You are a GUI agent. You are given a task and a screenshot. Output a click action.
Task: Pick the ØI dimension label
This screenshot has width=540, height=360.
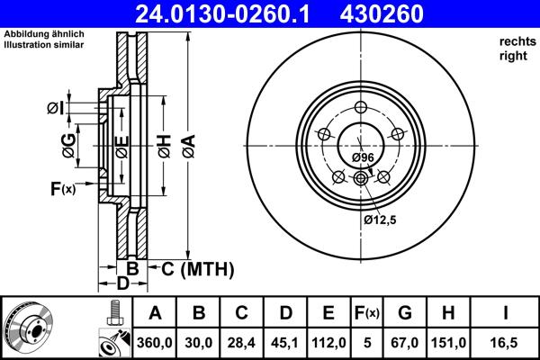click(x=54, y=109)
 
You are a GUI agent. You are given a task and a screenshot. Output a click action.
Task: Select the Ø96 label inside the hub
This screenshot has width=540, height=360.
click(x=363, y=157)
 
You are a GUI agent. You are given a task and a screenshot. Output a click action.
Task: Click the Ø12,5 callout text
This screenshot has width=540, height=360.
click(x=380, y=219)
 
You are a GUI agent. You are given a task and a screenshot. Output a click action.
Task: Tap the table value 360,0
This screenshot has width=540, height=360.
click(x=156, y=341)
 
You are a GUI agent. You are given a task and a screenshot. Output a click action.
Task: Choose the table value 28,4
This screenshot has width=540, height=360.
click(x=242, y=341)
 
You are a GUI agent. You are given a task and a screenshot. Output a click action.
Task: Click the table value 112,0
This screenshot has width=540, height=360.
click(x=328, y=341)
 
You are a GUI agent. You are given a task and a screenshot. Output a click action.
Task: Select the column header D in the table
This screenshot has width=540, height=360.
click(x=285, y=313)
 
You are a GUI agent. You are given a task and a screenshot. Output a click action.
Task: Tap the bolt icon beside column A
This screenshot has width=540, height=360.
click(x=112, y=313)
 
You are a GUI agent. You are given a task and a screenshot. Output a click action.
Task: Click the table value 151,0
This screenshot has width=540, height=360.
click(x=447, y=341)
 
